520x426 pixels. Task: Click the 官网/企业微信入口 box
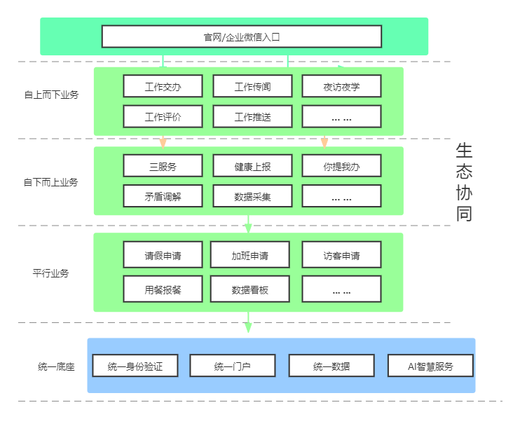[241, 36]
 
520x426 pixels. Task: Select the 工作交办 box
[163, 87]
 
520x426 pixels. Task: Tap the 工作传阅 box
[252, 87]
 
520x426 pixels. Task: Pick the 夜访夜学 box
[341, 87]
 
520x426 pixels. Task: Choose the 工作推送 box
[252, 117]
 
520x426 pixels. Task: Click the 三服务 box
[163, 166]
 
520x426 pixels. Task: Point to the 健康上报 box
[252, 166]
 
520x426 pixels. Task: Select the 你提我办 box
[341, 166]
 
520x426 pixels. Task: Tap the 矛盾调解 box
[163, 196]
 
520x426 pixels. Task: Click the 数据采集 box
[252, 196]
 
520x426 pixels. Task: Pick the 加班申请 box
[249, 255]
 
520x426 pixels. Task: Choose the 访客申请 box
[341, 255]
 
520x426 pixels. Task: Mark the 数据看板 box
[249, 289]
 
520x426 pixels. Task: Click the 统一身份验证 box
[135, 366]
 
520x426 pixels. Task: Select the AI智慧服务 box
[430, 366]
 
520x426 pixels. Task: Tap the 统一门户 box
[232, 366]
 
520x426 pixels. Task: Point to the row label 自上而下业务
[50, 94]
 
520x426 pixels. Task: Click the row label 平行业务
[50, 273]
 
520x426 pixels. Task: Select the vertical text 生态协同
[464, 182]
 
